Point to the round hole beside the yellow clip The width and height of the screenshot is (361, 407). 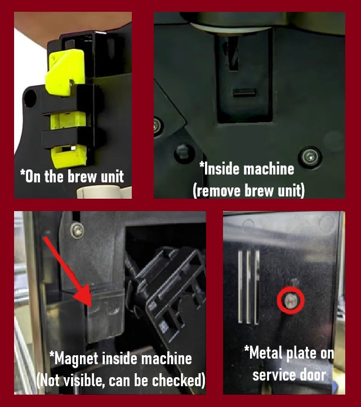[x=29, y=99]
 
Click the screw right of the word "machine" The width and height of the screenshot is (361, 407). [x=310, y=156]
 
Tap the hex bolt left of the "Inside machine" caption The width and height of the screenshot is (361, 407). [x=182, y=151]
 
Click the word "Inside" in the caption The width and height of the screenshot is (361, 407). [x=224, y=168]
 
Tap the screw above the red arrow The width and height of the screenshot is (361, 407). [x=77, y=230]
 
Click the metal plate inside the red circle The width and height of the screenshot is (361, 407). [x=290, y=302]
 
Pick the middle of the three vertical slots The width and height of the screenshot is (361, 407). [x=248, y=287]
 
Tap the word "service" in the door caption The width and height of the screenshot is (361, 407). [x=273, y=374]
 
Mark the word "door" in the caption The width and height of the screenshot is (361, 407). [x=313, y=374]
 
